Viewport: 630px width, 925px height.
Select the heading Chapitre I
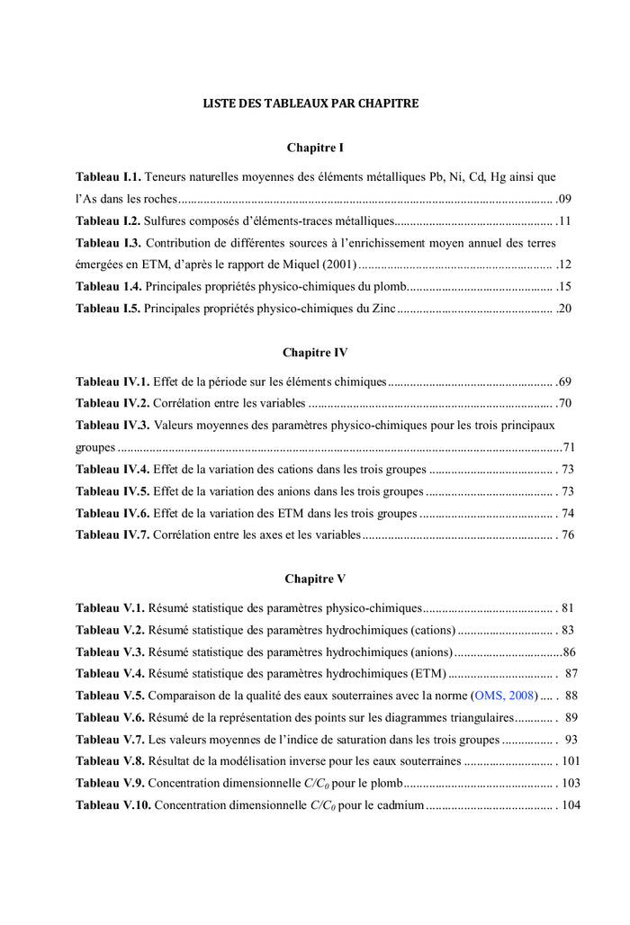(x=315, y=147)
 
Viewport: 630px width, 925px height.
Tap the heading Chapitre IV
(x=315, y=352)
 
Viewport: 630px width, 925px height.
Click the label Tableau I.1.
(x=108, y=177)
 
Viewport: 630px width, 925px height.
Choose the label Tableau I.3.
(x=108, y=243)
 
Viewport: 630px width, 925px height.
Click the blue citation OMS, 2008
(x=505, y=696)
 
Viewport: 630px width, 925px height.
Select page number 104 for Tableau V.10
(x=571, y=804)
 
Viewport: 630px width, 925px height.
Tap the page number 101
(x=571, y=761)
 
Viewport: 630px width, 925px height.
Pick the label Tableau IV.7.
(x=112, y=535)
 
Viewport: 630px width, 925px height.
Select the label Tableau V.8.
(x=110, y=761)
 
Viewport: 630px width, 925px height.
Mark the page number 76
(x=568, y=535)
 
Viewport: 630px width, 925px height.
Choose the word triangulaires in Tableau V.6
(x=481, y=717)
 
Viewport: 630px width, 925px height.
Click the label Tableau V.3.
(x=110, y=651)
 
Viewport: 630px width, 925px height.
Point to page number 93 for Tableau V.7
(x=571, y=740)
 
